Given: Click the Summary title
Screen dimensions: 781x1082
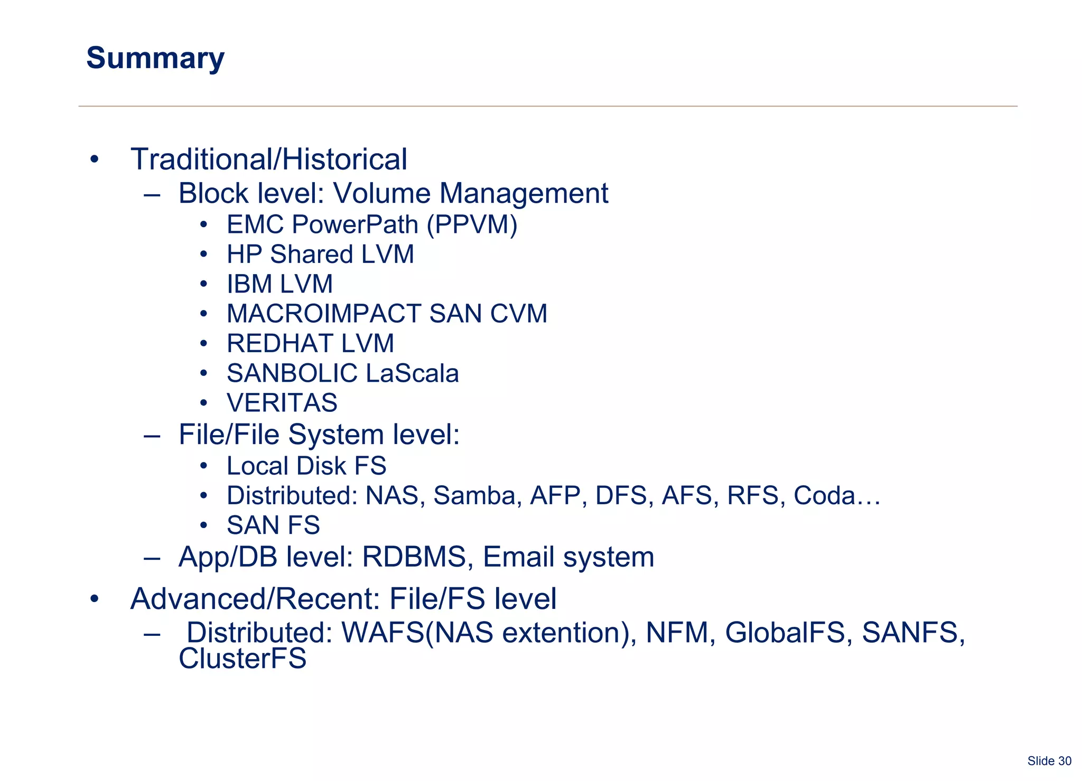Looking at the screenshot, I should [155, 58].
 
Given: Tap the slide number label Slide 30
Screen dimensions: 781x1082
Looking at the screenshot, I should [1049, 761].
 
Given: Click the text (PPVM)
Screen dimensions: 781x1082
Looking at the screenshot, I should [472, 225].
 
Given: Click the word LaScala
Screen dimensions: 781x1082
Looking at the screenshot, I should [412, 373].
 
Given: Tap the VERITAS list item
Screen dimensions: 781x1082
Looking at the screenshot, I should [282, 403].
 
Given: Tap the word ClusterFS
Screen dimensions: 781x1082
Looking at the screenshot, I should [242, 659].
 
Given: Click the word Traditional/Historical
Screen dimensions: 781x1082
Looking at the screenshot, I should [269, 159].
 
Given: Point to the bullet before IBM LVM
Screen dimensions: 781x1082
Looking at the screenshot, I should [204, 284].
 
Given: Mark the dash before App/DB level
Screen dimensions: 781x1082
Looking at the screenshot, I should [152, 558].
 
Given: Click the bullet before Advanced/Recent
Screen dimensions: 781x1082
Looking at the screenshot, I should [94, 599].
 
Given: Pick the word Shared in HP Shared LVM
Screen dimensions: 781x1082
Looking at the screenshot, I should [312, 255].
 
